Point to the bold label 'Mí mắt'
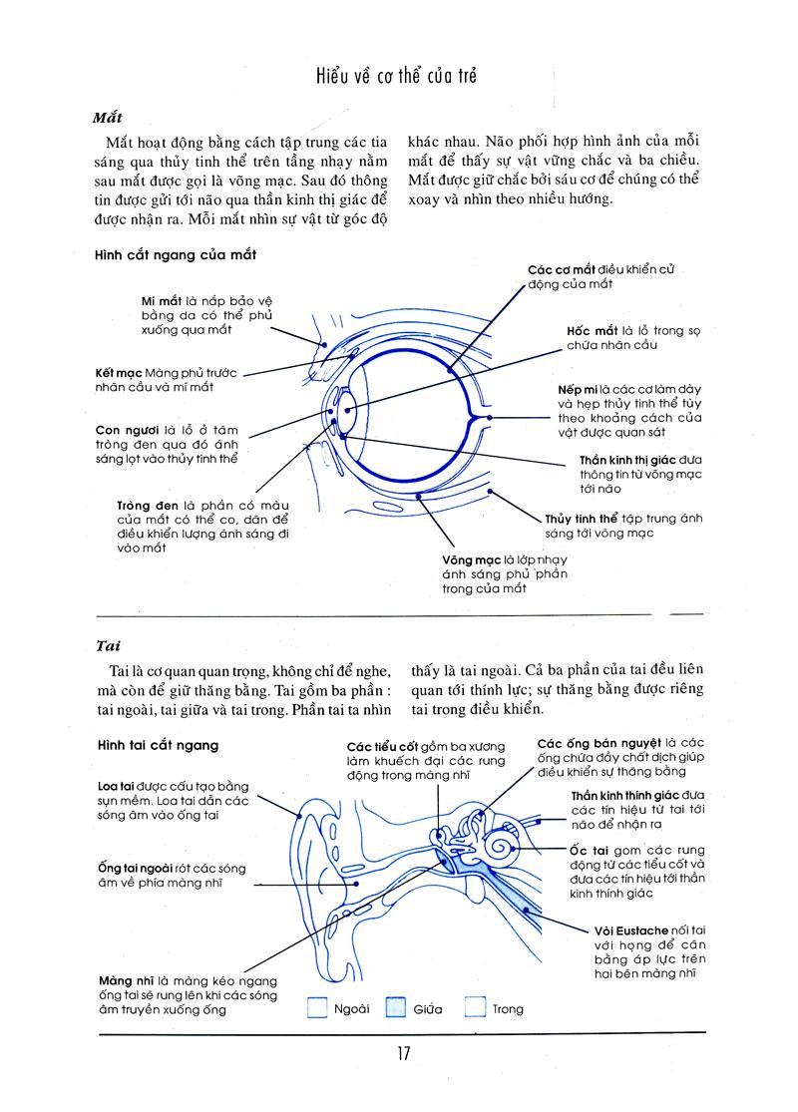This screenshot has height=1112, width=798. point(161,299)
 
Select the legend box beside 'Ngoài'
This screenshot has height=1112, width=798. point(317,1008)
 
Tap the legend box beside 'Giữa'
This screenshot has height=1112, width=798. point(396,1008)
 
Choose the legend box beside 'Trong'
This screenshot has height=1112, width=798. point(475,1008)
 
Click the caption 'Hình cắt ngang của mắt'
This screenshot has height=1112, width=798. point(177,255)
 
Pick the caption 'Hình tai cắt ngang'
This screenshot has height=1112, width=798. point(159,745)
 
